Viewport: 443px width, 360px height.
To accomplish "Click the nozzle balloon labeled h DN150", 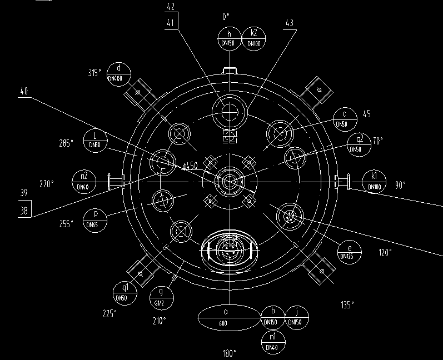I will (x=229, y=39).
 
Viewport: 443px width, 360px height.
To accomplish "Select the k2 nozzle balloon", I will (x=253, y=39).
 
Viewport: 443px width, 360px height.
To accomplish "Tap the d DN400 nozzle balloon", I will (x=118, y=74).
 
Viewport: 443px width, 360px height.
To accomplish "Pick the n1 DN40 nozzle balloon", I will (x=272, y=342).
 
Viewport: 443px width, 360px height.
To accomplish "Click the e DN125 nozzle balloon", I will (x=349, y=252).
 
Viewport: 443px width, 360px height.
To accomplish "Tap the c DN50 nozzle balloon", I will (x=345, y=119).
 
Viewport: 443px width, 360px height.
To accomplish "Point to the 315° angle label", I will (x=95, y=73).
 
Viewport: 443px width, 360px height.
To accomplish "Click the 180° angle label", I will (x=230, y=353).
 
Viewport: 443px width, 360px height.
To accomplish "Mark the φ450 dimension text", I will (x=190, y=166).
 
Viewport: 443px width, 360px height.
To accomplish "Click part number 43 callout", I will (x=289, y=23).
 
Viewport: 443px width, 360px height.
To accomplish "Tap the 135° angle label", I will (x=347, y=305).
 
